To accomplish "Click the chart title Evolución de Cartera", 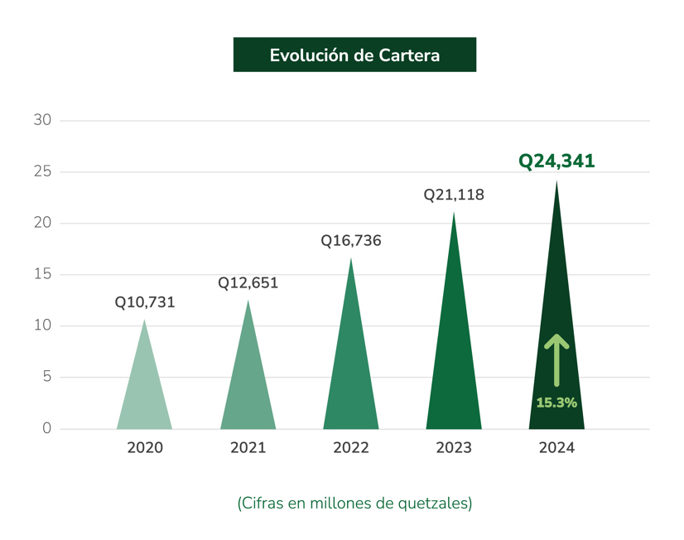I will [354, 55].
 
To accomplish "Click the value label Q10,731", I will [145, 302].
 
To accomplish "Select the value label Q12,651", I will [248, 283].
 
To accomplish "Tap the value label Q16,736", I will [351, 241].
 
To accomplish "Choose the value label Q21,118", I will [454, 195].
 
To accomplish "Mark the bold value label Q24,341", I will [556, 162].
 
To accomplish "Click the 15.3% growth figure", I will [556, 403].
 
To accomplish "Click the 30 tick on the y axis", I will [42, 120].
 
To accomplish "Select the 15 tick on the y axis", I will [42, 274].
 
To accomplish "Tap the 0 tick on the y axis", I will [46, 428].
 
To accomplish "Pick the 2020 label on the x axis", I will [145, 448].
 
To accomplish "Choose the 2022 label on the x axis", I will [351, 448].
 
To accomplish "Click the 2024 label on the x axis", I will [556, 448].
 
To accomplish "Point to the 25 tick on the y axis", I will [42, 171].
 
